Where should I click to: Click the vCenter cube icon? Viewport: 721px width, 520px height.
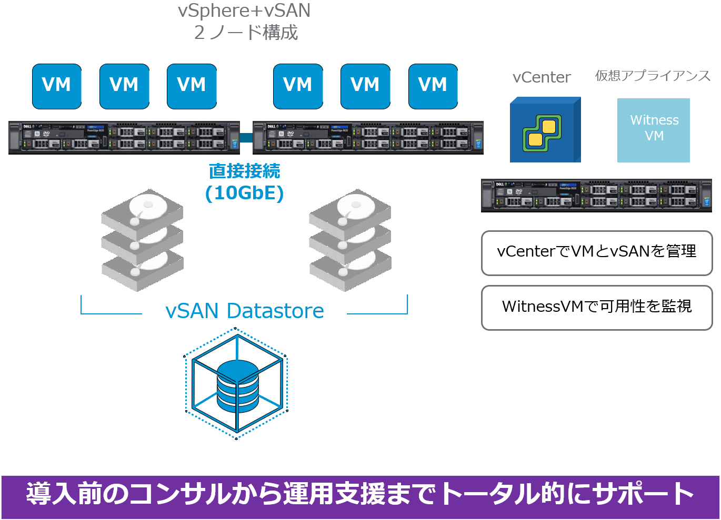545,130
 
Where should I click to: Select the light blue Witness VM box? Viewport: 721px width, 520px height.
653,130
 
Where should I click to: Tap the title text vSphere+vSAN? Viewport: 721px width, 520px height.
244,11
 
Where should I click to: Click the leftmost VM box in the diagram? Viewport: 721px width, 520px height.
57,86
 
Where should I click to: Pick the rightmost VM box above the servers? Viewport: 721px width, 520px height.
433,86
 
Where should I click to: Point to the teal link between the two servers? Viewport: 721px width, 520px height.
246,138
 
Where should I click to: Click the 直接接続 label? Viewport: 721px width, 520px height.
244,171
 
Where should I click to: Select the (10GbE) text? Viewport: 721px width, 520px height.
244,193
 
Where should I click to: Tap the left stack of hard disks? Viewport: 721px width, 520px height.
142,240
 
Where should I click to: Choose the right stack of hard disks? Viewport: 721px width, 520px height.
350,240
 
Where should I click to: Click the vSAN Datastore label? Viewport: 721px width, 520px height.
244,311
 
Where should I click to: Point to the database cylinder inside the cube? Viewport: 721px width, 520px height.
237,386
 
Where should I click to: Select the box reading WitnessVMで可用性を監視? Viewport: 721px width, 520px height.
597,308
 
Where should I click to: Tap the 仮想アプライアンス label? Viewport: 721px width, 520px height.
653,76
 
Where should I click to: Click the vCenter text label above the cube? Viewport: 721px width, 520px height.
542,77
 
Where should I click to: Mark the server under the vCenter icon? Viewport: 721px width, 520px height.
596,196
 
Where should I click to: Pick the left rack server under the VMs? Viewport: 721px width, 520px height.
124,138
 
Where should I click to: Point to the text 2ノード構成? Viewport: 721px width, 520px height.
246,33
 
